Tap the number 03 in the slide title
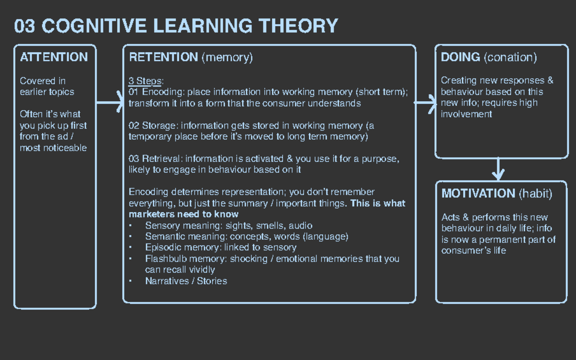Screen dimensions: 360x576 (24, 25)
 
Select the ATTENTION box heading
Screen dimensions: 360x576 (54, 57)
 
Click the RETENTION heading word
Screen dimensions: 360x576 (163, 58)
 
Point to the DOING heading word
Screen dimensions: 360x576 (460, 57)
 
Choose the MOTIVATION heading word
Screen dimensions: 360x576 (478, 193)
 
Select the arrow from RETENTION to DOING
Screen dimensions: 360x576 (425, 103)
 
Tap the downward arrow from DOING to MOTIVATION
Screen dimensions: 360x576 (499, 169)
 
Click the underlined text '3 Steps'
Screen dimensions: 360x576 (145, 81)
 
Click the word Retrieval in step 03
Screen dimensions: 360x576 (161, 159)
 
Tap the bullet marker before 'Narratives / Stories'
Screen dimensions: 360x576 (131, 281)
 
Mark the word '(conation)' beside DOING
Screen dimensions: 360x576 (510, 58)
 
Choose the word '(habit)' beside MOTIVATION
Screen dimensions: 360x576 (535, 194)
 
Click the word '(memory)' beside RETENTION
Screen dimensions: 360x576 (227, 58)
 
